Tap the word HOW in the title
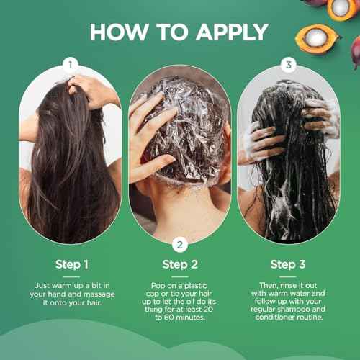tap(118, 32)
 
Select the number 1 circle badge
tap(70, 64)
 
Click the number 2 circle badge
tap(180, 244)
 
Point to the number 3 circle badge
tap(289, 64)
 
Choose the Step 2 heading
tap(180, 264)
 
